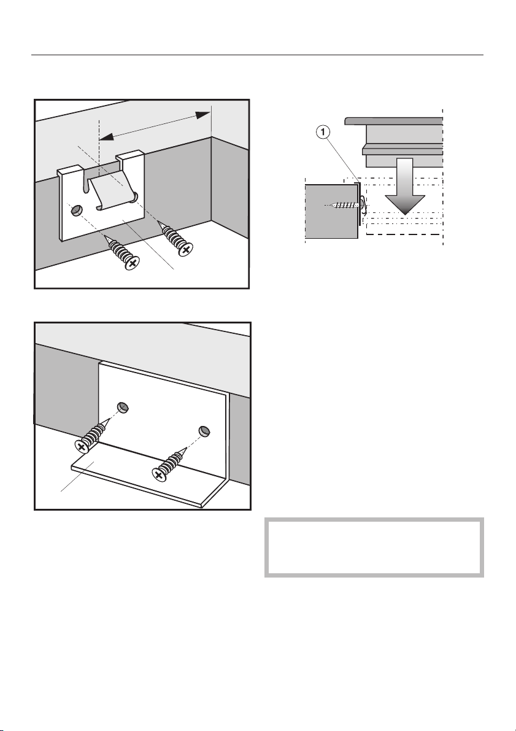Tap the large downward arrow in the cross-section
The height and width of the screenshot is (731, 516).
pyautogui.click(x=404, y=186)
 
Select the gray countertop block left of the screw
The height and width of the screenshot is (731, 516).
pyautogui.click(x=331, y=211)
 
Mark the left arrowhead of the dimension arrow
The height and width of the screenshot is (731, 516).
pyautogui.click(x=106, y=137)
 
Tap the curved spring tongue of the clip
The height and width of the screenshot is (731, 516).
pyautogui.click(x=112, y=189)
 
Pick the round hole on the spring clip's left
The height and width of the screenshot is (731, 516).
pyautogui.click(x=75, y=212)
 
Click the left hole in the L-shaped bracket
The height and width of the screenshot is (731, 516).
pyautogui.click(x=123, y=407)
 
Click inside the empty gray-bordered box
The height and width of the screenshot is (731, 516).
pyautogui.click(x=374, y=547)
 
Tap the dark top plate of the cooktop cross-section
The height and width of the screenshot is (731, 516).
pyautogui.click(x=394, y=121)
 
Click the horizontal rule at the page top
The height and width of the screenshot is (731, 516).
pyautogui.click(x=257, y=55)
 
